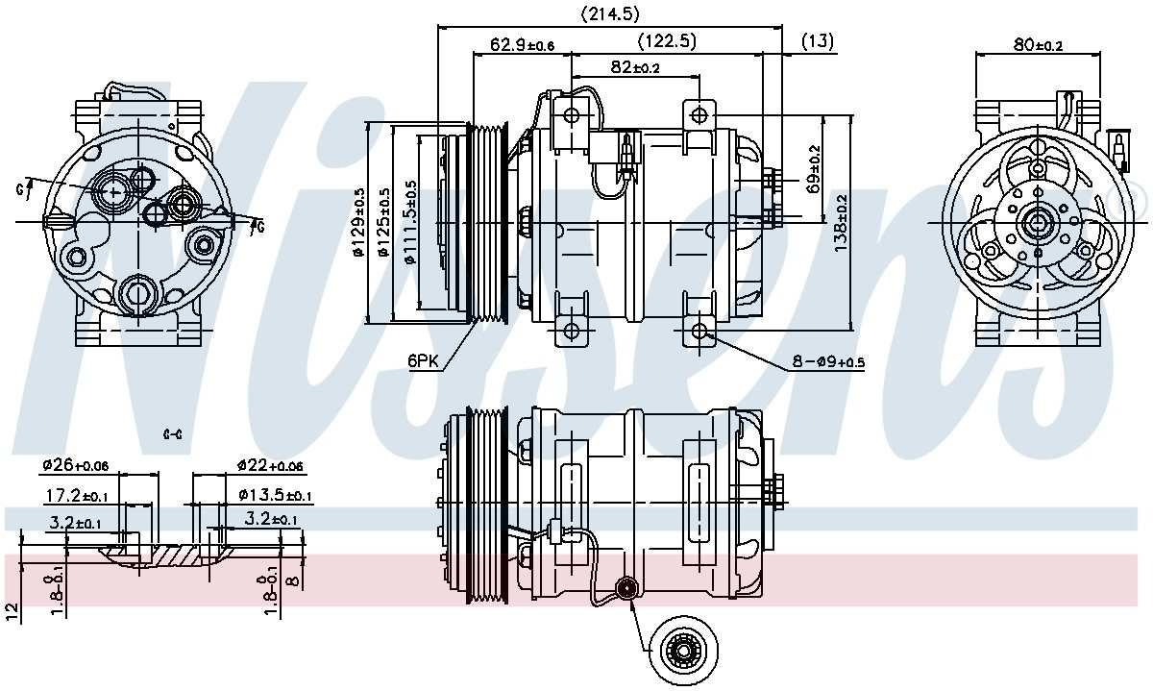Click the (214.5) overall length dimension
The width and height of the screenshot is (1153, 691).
610,13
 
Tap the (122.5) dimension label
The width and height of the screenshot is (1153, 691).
667,40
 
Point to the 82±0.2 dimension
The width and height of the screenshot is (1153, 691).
634,67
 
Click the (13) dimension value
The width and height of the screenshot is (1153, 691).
817,40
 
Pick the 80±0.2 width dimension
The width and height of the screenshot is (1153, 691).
1038,44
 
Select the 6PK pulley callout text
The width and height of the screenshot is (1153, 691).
423,360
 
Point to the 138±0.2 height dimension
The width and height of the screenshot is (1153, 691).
842,223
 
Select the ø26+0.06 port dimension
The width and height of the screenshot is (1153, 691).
75,466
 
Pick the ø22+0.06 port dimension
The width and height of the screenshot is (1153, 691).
270,466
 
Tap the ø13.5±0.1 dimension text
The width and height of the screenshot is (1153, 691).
275,496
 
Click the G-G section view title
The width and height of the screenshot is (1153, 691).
173,434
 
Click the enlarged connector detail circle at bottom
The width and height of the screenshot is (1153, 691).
683,651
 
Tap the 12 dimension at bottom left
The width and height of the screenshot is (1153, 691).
12,612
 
